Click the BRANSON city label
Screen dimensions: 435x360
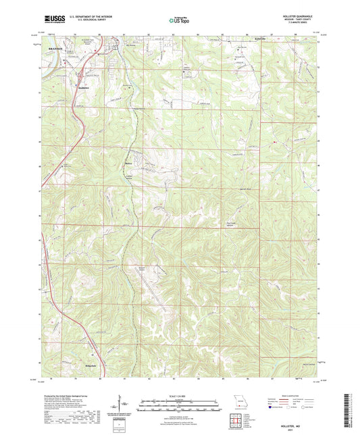point(55,49)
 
